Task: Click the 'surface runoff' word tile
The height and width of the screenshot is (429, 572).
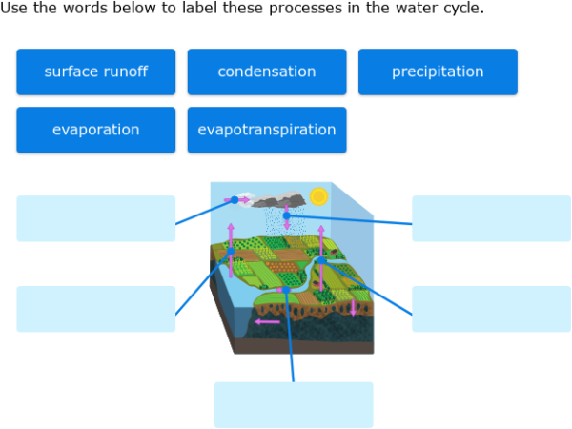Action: click(x=95, y=71)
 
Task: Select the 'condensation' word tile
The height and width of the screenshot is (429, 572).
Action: click(x=266, y=71)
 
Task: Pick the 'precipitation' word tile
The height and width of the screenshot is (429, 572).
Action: click(x=438, y=71)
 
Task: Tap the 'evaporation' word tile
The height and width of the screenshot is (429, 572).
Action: click(x=95, y=130)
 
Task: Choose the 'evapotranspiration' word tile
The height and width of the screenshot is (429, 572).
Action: click(x=266, y=130)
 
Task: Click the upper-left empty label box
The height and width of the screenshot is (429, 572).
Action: click(x=95, y=218)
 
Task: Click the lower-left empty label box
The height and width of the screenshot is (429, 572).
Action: click(x=95, y=309)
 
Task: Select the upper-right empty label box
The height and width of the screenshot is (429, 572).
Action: click(x=491, y=218)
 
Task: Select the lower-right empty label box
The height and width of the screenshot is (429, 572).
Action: click(x=491, y=309)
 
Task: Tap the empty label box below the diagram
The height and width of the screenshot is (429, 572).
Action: click(x=294, y=404)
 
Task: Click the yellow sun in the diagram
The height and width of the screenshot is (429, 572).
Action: click(x=318, y=196)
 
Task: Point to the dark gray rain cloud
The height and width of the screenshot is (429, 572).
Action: click(x=280, y=201)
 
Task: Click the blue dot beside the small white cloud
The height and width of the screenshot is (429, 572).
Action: click(x=235, y=199)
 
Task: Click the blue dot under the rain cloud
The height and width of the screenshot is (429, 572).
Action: click(x=286, y=215)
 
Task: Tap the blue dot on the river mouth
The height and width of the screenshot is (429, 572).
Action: click(x=285, y=289)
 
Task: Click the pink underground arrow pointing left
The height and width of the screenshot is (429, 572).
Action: click(x=268, y=321)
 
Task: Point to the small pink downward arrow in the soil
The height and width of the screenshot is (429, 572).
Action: click(x=353, y=307)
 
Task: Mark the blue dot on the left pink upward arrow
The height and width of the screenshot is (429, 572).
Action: click(x=231, y=251)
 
